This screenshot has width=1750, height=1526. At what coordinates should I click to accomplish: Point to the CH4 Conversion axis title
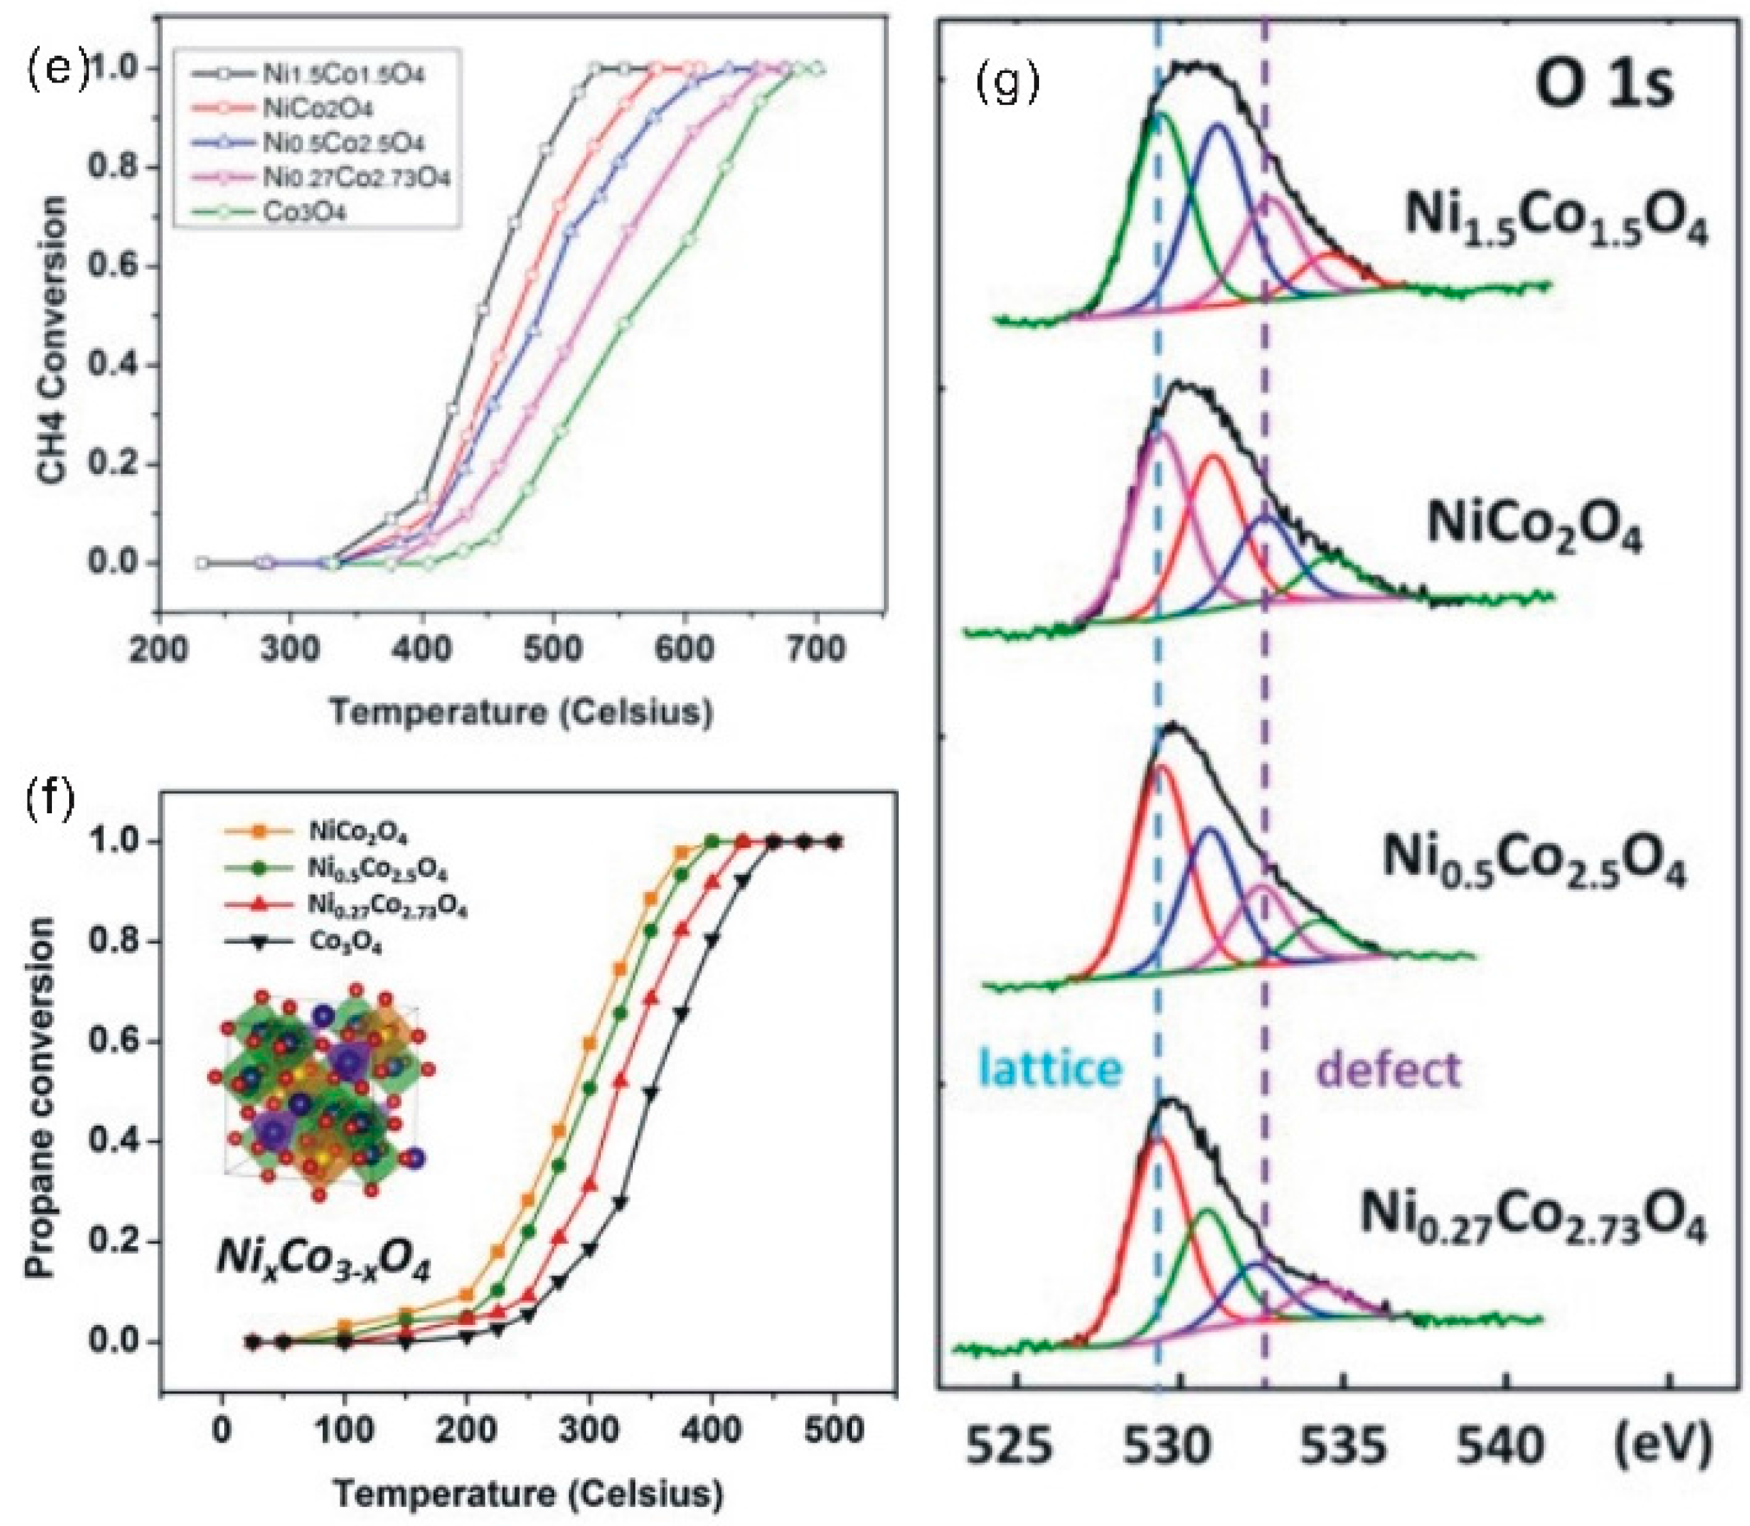(x=52, y=341)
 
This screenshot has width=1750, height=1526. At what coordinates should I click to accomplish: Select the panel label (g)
(x=1008, y=83)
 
